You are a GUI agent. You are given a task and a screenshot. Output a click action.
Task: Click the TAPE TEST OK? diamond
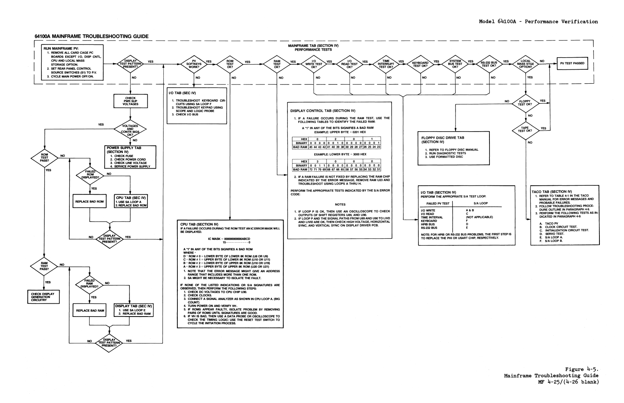coord(525,129)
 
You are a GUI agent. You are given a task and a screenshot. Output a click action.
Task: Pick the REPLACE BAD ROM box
coord(89,202)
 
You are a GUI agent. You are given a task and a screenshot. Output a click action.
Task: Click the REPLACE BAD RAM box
coord(90,311)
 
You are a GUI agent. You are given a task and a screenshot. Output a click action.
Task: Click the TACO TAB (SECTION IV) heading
coord(551,192)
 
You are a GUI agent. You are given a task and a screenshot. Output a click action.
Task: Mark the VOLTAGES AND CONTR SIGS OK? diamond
coord(130,128)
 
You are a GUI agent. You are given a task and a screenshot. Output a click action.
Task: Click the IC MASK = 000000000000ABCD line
coord(229,238)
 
